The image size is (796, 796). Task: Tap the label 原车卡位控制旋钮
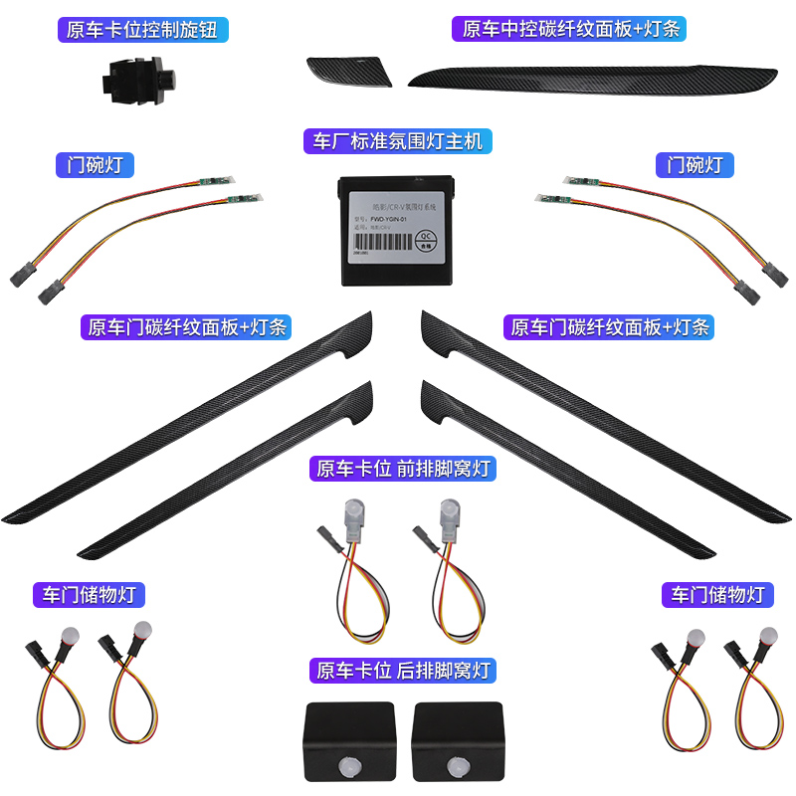click(x=142, y=29)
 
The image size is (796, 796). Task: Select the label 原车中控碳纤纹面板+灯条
click(x=570, y=29)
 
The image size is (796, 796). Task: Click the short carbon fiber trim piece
click(x=350, y=72)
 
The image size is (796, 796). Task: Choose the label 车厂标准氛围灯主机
click(x=398, y=141)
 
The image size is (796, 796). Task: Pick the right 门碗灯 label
click(x=696, y=164)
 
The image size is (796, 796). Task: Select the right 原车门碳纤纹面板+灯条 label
click(x=610, y=326)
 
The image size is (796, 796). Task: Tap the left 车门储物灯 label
click(x=89, y=595)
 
